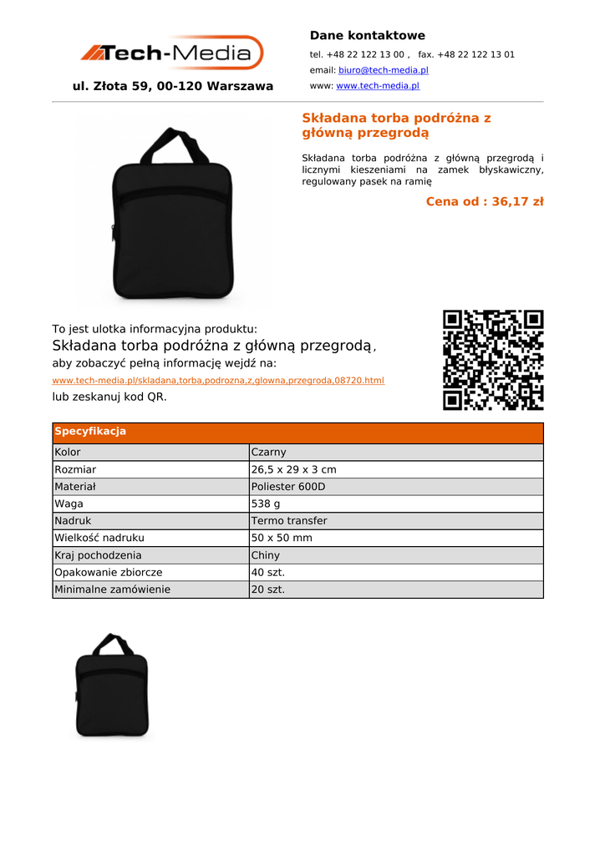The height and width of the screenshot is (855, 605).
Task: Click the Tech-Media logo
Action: (x=172, y=53)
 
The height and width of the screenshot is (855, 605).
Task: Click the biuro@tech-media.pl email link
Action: (x=383, y=70)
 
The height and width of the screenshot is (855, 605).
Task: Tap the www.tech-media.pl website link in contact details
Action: (x=377, y=86)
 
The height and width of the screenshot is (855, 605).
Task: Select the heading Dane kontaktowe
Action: (x=367, y=36)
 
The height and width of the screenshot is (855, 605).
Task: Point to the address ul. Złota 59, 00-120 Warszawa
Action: (x=173, y=86)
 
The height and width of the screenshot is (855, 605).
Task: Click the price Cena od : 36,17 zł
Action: (x=484, y=201)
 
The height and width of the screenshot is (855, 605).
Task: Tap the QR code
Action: (x=493, y=360)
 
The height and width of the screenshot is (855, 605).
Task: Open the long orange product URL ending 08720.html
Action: (x=218, y=381)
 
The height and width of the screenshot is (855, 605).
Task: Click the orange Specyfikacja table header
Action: (x=297, y=432)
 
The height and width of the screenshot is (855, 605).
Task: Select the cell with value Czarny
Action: (x=269, y=453)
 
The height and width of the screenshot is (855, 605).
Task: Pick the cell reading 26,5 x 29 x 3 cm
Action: (x=293, y=470)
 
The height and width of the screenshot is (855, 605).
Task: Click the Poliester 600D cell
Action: (x=288, y=487)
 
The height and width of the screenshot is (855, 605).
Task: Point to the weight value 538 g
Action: (x=266, y=504)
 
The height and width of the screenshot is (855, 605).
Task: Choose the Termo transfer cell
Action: (x=289, y=521)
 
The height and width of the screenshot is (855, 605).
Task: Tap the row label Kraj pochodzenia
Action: (x=98, y=555)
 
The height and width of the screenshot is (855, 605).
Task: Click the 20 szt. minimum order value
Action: (x=268, y=589)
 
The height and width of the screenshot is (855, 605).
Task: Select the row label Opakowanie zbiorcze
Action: (x=109, y=573)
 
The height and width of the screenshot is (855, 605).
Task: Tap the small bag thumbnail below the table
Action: (x=112, y=687)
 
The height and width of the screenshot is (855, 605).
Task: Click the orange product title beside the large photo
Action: (x=396, y=125)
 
